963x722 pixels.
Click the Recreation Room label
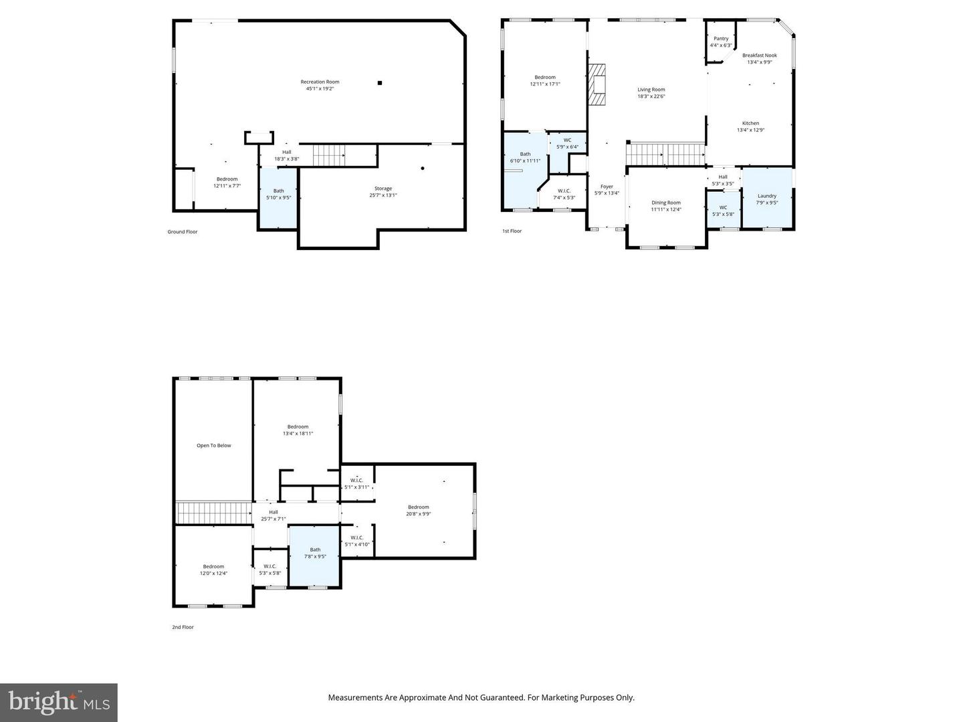point(320,82)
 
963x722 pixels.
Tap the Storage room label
point(383,189)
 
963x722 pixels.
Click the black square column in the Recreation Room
point(380,83)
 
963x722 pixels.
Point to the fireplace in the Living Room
point(597,85)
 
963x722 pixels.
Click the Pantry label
point(721,39)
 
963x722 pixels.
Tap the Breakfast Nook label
point(759,55)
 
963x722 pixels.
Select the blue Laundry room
point(767,198)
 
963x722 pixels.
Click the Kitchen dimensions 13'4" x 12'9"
point(750,130)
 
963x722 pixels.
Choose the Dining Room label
point(666,203)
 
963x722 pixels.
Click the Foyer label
point(607,187)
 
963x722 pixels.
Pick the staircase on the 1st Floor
point(665,154)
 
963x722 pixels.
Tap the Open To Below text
point(214,445)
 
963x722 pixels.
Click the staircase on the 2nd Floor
point(213,513)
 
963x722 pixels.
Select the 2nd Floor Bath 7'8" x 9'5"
point(315,553)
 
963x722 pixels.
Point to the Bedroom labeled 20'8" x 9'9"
point(419,510)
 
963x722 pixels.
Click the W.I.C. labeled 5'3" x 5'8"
point(270,570)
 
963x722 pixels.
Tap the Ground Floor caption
point(183,232)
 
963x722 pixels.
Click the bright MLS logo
point(59,702)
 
